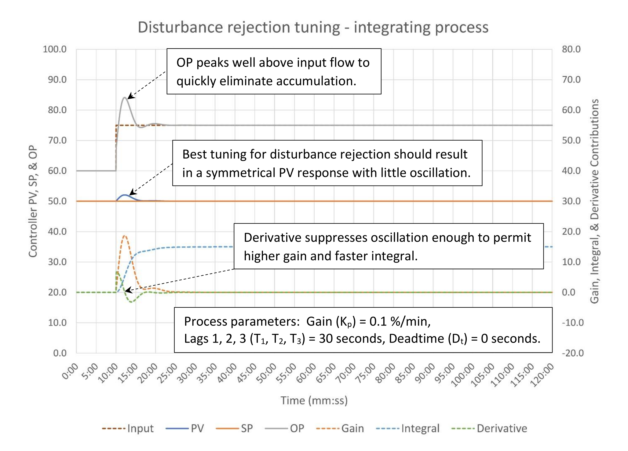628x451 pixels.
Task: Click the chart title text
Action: point(313,27)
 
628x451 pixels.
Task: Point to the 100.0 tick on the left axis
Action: point(55,49)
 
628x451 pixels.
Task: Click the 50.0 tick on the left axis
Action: point(57,201)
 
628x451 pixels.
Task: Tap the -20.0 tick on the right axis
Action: point(573,353)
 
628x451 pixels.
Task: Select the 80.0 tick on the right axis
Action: point(571,49)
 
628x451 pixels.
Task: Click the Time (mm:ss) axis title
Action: point(314,400)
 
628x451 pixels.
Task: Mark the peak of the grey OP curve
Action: point(125,98)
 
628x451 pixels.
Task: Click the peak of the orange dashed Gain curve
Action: point(124,236)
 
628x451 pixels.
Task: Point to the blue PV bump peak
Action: point(125,195)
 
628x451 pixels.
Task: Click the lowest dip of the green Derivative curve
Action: point(131,302)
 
